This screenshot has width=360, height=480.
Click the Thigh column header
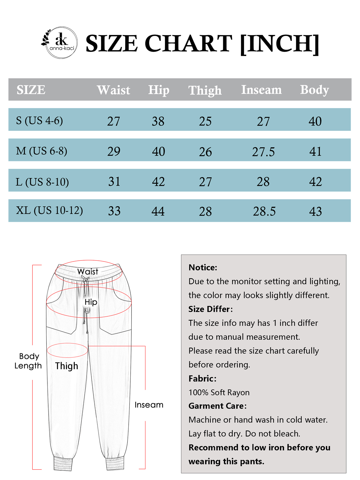click(x=205, y=90)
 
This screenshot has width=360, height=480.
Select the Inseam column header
click(x=261, y=90)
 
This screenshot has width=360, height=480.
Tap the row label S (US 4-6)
click(x=39, y=120)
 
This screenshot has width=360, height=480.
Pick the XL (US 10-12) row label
click(x=49, y=210)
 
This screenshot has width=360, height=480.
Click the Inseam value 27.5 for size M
click(x=263, y=152)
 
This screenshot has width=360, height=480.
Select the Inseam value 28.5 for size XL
click(x=264, y=211)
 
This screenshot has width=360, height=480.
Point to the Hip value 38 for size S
click(x=158, y=121)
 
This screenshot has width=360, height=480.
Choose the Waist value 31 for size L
click(x=114, y=181)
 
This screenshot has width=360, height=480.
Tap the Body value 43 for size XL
click(x=315, y=211)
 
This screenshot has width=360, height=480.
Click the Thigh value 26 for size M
click(x=205, y=152)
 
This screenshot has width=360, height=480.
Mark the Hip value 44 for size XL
click(x=158, y=211)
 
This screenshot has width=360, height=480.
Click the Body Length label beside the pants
click(x=28, y=361)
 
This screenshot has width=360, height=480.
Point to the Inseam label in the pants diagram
click(x=149, y=405)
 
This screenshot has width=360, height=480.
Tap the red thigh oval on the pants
click(x=67, y=350)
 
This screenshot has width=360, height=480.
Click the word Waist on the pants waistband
click(x=88, y=271)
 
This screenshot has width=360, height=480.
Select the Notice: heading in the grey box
click(x=203, y=268)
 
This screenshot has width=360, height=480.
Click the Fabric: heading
click(x=202, y=378)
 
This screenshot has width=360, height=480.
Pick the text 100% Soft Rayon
click(x=219, y=392)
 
